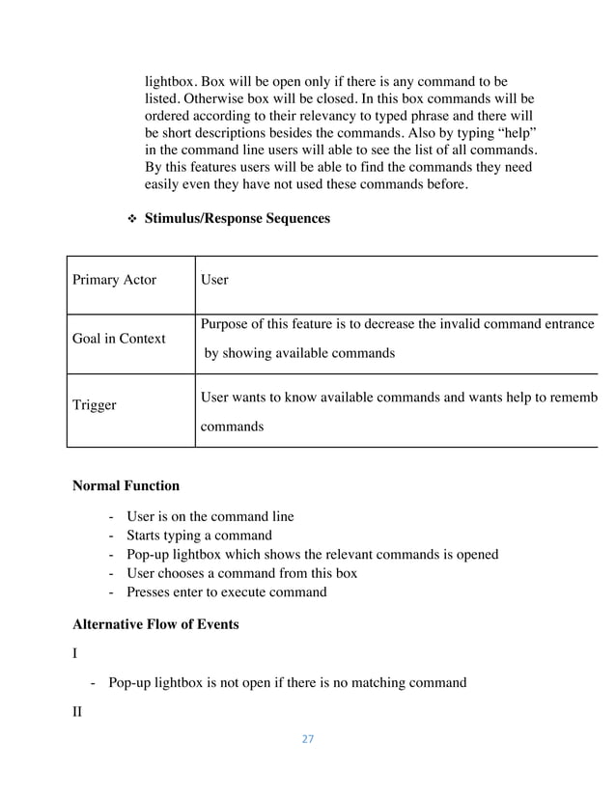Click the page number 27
point(308,740)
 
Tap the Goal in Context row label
point(119,339)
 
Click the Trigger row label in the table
point(95,405)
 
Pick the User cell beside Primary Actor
point(214,280)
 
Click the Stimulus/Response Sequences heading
point(237,219)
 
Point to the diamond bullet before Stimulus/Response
point(132,220)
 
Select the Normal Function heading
point(126,485)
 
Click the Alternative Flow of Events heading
point(155,624)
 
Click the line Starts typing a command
point(199,536)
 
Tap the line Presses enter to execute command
point(226,591)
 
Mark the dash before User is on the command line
point(113,516)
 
